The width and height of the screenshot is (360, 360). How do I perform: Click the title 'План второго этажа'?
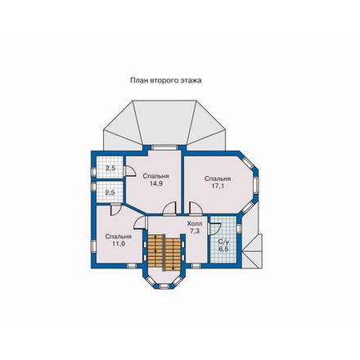166,80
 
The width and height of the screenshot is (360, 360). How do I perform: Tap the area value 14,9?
156,183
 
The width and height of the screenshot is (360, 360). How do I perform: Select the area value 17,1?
218,186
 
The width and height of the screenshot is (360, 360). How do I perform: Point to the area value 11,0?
119,244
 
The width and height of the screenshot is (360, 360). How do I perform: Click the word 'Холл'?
195,224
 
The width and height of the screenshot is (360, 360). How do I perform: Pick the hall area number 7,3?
195,231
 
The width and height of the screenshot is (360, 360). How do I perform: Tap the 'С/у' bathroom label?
223,241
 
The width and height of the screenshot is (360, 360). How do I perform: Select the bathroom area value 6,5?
223,249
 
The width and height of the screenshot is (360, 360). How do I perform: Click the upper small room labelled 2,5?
110,169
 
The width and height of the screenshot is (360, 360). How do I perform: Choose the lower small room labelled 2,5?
110,192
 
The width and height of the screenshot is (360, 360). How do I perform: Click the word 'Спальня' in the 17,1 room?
218,179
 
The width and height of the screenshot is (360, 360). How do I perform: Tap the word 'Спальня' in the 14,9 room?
156,176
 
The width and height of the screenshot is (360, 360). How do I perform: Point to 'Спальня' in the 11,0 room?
119,236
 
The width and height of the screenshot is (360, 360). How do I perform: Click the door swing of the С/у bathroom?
215,228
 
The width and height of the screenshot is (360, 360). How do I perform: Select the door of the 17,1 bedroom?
196,208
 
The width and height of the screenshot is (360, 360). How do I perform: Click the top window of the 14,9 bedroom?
164,147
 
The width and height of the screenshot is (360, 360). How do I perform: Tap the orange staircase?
164,252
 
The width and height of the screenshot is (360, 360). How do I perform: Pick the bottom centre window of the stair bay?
164,286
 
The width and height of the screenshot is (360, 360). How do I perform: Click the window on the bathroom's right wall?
239,229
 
